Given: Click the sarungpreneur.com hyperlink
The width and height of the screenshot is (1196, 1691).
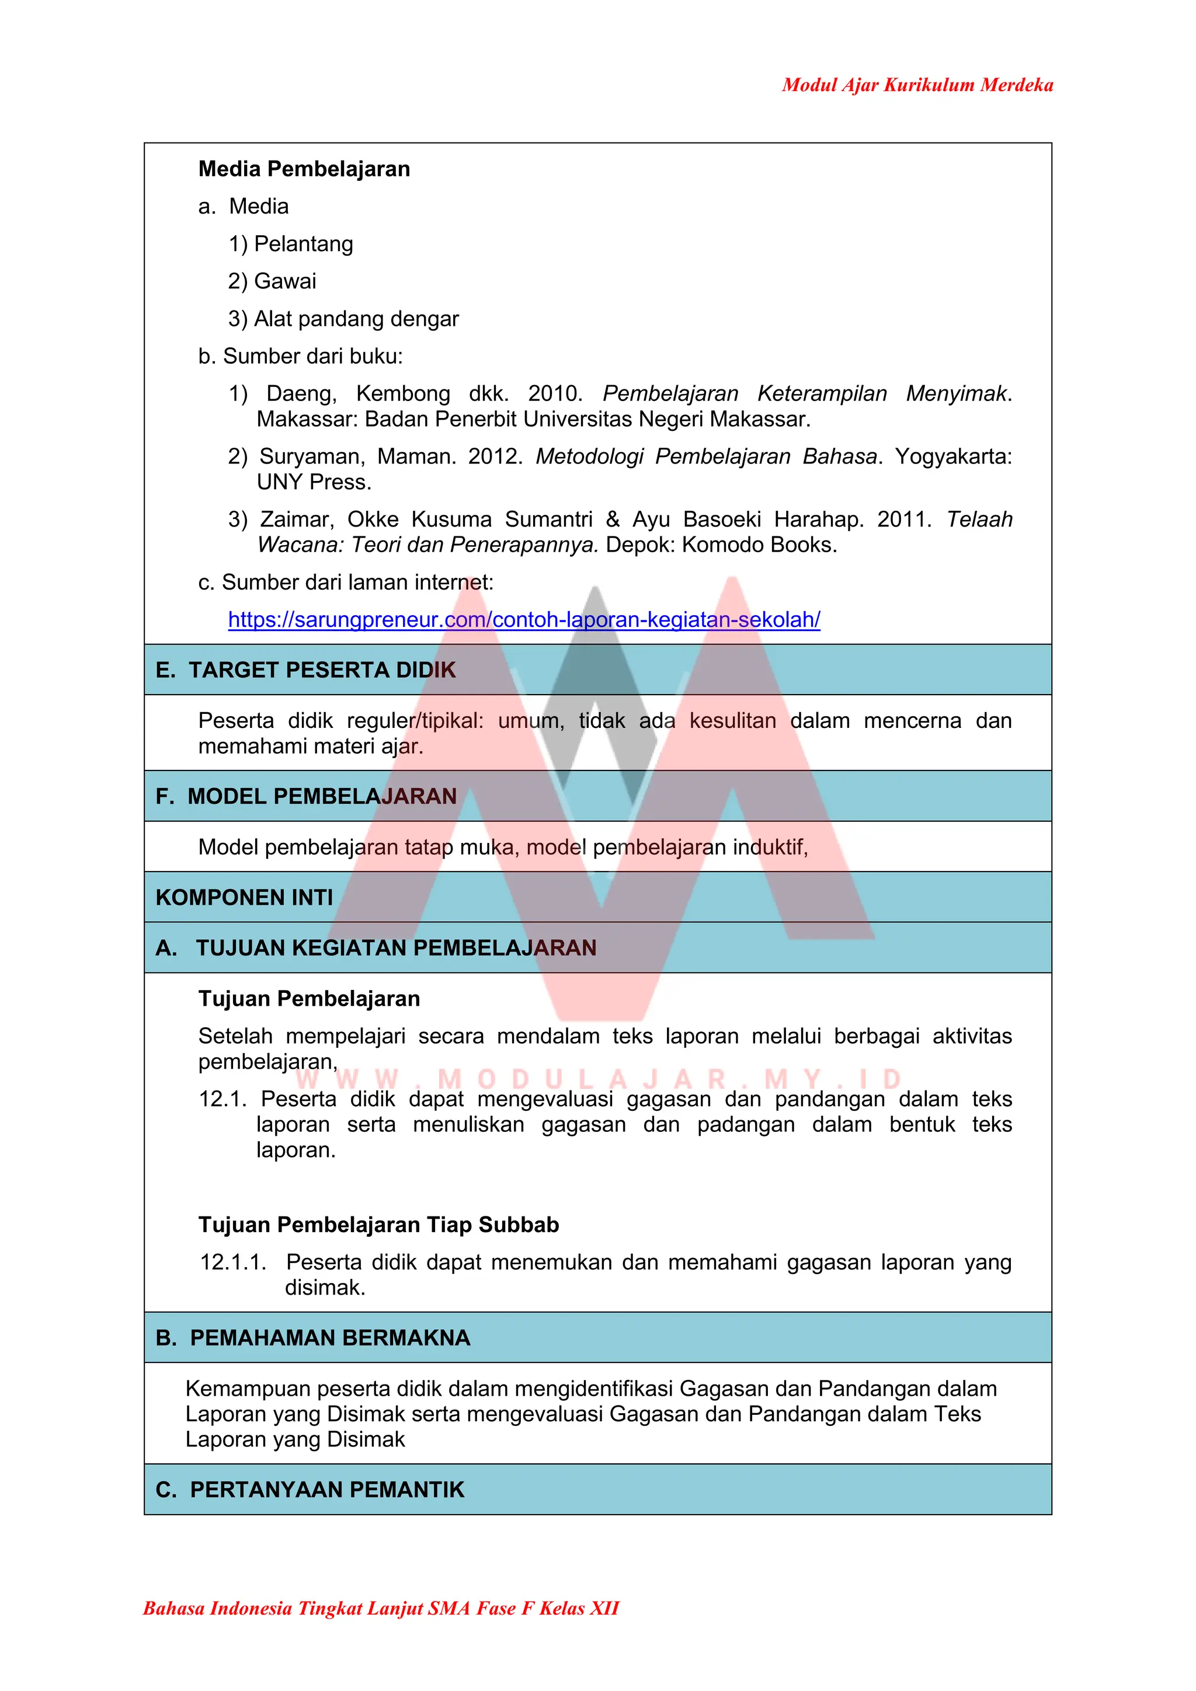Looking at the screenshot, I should coord(523,619).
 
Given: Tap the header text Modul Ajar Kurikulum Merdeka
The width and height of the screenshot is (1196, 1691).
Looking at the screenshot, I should coord(917,85).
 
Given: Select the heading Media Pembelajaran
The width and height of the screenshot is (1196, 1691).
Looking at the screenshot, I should coord(304,169).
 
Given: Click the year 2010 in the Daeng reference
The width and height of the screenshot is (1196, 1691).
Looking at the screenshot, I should coord(554,393).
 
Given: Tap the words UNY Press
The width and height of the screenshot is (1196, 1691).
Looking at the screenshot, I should coord(314,482).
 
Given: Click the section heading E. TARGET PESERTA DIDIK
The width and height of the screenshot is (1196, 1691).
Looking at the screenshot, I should coord(306,670).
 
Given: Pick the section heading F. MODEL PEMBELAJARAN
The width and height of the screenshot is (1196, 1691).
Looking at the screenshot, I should coord(306,796).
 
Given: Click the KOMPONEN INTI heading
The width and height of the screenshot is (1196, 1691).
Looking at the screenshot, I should coord(244,897).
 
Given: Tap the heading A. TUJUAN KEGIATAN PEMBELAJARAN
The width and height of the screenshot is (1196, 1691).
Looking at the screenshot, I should coord(376,948).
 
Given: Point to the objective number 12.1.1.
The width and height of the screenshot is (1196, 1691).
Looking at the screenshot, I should coord(232,1263).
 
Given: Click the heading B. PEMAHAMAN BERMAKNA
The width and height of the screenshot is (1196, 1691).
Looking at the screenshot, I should coord(312,1337).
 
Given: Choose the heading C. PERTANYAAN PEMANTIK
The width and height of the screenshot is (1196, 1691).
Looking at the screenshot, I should coord(310,1490).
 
